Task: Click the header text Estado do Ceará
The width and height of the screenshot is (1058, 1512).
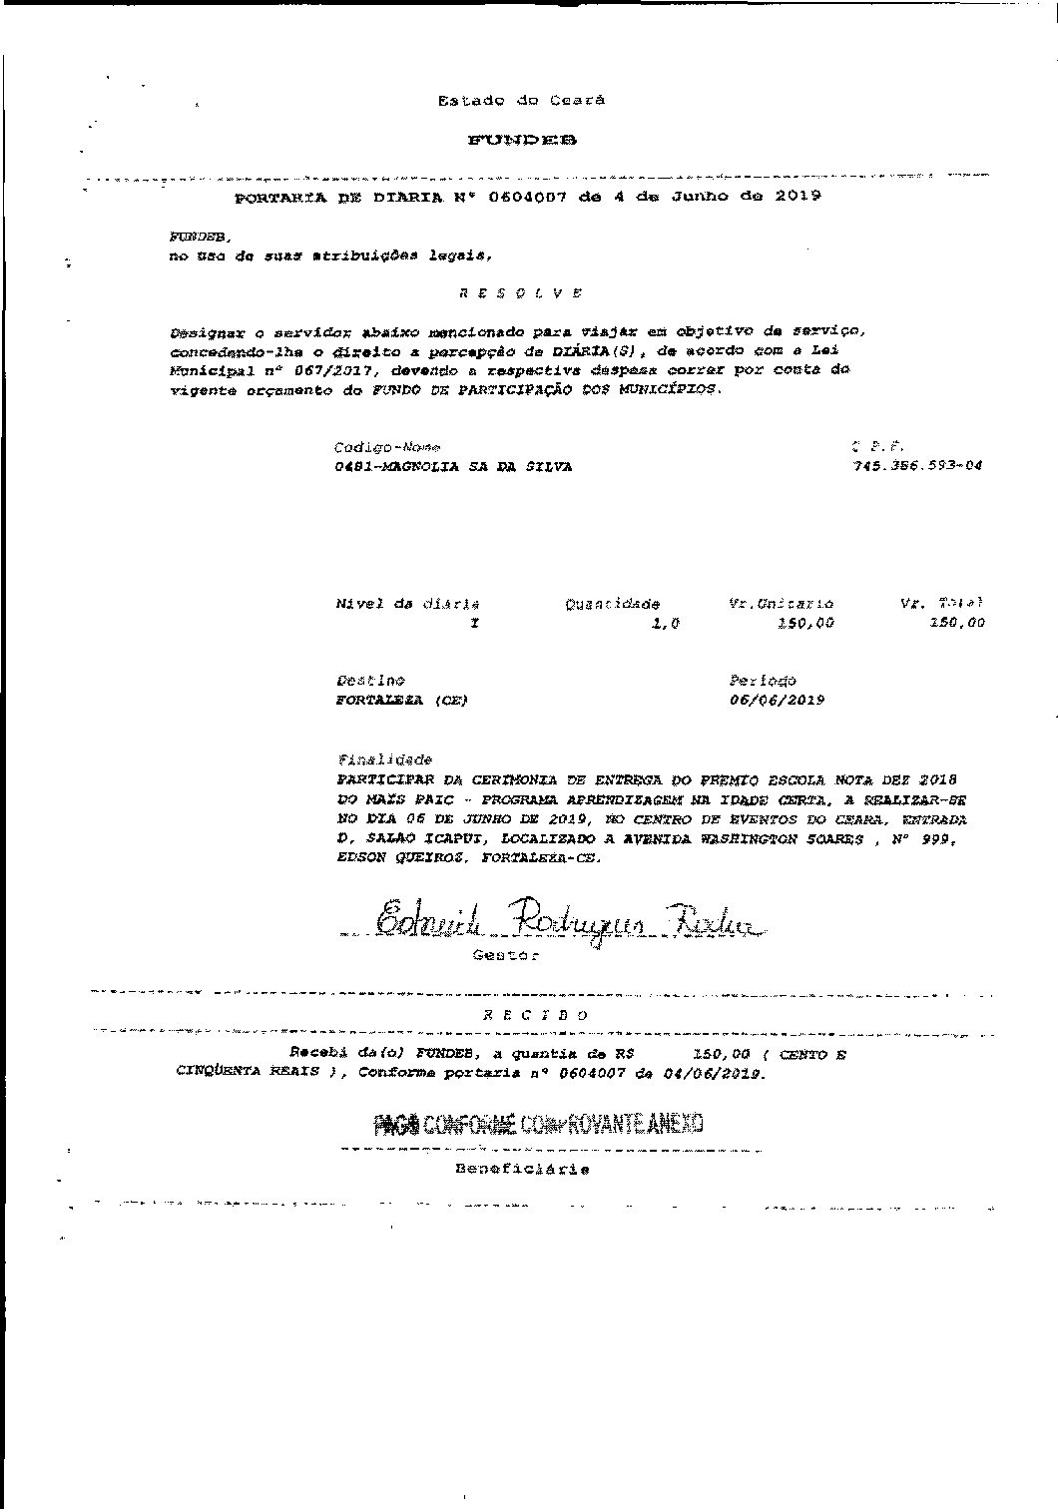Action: tap(521, 100)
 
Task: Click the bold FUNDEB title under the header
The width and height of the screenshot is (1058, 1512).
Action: tap(521, 141)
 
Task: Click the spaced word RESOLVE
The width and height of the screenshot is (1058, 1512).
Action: tap(520, 293)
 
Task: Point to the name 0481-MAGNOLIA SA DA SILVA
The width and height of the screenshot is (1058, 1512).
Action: tap(454, 466)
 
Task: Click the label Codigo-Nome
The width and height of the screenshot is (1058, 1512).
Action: tap(387, 447)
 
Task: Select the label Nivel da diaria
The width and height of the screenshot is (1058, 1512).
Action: tap(407, 604)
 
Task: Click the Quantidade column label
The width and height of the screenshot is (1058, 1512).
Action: tap(612, 604)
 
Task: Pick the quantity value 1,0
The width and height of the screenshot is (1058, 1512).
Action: tap(665, 623)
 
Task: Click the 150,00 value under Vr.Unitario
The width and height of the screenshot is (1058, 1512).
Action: tap(805, 623)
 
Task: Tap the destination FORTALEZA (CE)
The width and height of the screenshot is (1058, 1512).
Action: tap(401, 700)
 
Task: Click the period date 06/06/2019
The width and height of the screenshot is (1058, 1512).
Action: tap(778, 700)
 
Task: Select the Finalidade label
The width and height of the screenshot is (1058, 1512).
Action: tap(384, 759)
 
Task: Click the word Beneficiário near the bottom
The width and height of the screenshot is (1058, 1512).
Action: tap(522, 1169)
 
